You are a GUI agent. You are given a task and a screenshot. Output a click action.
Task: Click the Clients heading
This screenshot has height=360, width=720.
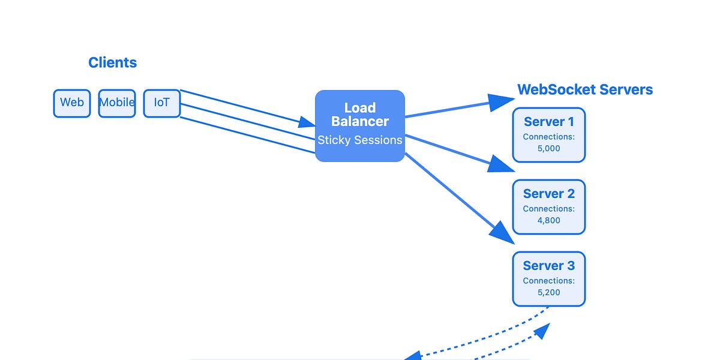pos(112,62)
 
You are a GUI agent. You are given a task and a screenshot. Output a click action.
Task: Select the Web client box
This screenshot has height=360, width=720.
pos(72,103)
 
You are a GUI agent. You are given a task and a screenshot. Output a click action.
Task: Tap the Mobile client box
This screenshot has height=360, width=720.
pos(117,103)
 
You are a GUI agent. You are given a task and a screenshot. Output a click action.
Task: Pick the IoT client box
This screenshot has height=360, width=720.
pos(161,103)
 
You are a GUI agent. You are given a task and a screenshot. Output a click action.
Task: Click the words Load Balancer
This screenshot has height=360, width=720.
pos(360,115)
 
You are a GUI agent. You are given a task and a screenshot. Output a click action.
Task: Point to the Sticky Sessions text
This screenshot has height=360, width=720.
pos(360,140)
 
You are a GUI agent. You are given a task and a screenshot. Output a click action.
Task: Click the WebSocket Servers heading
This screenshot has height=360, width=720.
pos(585,90)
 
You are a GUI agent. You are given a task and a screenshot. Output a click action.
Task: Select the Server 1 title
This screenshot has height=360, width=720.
pos(548,122)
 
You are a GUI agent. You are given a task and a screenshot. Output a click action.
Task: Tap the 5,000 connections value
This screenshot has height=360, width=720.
pos(548,148)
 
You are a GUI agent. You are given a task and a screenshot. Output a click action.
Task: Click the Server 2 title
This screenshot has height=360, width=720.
pos(548,194)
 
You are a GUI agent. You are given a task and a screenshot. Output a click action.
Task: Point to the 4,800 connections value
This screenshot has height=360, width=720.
pos(548,220)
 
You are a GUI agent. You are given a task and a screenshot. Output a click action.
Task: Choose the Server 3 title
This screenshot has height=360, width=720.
pos(548,266)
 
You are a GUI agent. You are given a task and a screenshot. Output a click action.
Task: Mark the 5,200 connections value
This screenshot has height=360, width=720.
pos(548,292)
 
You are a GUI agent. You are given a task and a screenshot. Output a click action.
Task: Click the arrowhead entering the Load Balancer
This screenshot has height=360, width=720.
pos(307,122)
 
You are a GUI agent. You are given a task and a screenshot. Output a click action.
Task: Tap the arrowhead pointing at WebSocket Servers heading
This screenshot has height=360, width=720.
pos(499,102)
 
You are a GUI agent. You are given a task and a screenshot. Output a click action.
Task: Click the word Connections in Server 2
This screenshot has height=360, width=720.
pos(548,209)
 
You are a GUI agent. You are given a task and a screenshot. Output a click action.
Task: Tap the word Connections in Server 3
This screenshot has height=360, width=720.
pos(548,281)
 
